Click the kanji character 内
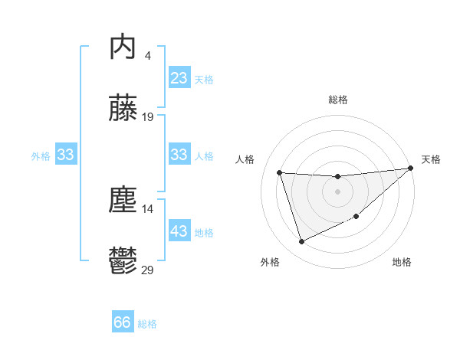[123, 47]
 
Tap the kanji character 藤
[123, 108]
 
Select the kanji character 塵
[123, 200]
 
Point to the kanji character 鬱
[123, 261]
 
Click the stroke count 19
[148, 117]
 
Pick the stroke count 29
[148, 270]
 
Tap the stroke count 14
[148, 208]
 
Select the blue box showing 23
[179, 78]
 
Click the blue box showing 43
[179, 231]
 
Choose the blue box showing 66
[123, 322]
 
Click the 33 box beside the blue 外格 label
[66, 155]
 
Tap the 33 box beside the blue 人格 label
[179, 155]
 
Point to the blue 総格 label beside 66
[147, 324]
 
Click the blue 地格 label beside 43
[204, 233]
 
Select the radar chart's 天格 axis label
[431, 159]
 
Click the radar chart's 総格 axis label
[337, 100]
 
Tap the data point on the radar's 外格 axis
[301, 242]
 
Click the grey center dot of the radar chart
[337, 191]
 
